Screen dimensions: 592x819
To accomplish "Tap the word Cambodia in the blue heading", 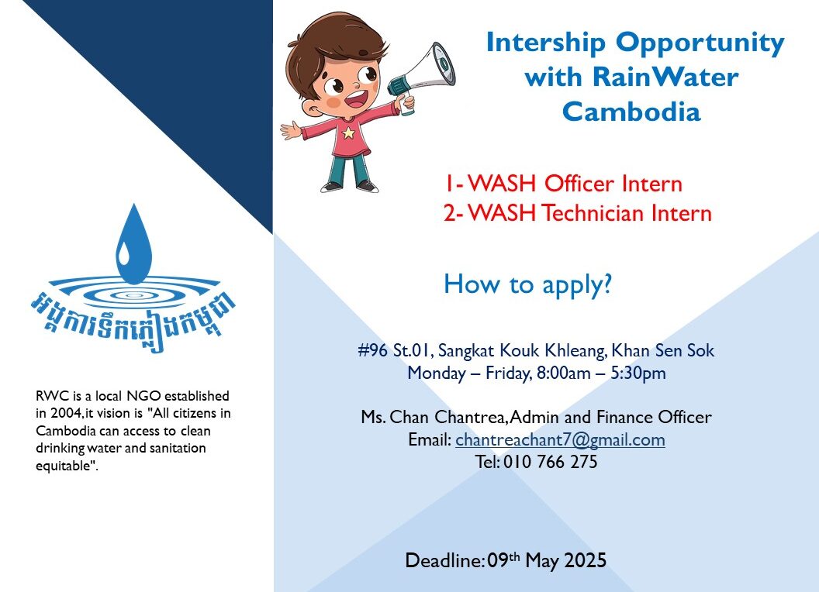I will [x=631, y=112].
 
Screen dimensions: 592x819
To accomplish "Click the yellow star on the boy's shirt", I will [x=348, y=133].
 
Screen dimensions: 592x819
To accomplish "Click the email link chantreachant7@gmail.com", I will [x=560, y=440].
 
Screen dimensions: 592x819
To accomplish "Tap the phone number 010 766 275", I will [x=550, y=462].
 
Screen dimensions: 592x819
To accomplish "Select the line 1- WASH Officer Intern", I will [x=563, y=184].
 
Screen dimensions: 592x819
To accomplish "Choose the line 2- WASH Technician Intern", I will [x=577, y=213].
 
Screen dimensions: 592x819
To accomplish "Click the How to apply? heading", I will [x=527, y=285].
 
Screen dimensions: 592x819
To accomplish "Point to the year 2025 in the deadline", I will [x=584, y=559].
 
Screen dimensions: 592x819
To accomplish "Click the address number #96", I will [x=373, y=351].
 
